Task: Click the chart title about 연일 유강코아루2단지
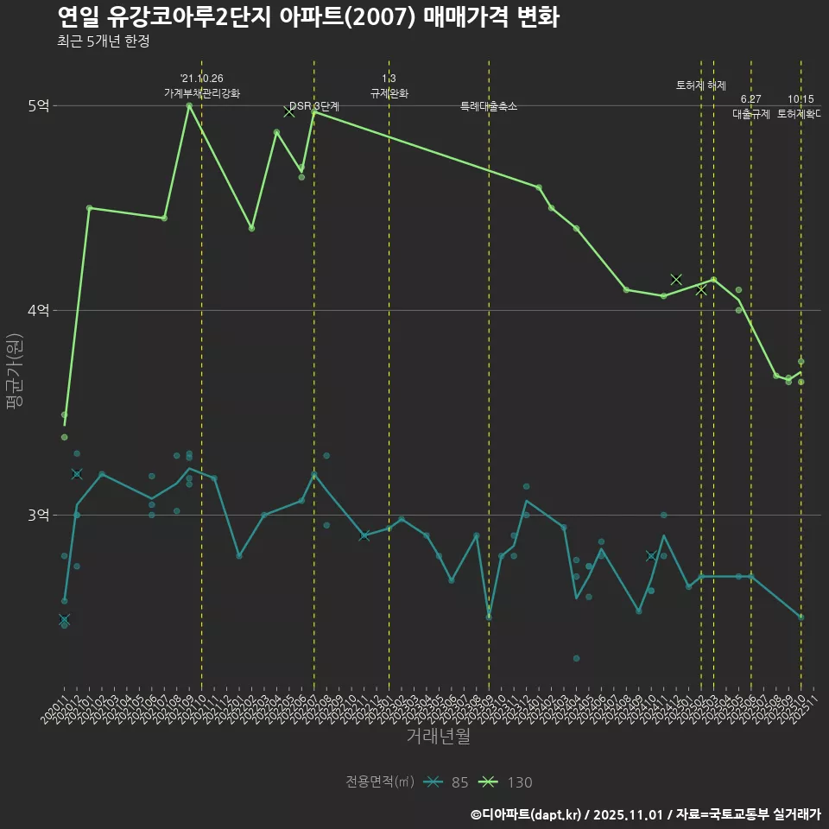click(x=307, y=16)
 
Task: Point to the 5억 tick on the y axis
click(x=39, y=105)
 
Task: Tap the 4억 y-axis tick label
click(x=39, y=310)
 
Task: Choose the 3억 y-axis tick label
click(x=39, y=515)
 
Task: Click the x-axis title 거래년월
click(x=438, y=737)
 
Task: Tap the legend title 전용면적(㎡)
click(x=379, y=782)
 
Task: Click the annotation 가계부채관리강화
click(x=202, y=93)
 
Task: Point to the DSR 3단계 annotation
click(x=314, y=106)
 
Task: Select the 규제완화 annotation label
click(x=389, y=93)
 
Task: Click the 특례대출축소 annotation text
click(x=489, y=106)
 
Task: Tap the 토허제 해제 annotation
click(x=700, y=85)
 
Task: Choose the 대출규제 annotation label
click(x=750, y=114)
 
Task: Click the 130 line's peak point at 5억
click(x=189, y=105)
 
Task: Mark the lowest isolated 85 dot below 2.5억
click(x=576, y=658)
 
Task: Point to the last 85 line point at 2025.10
click(x=801, y=617)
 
